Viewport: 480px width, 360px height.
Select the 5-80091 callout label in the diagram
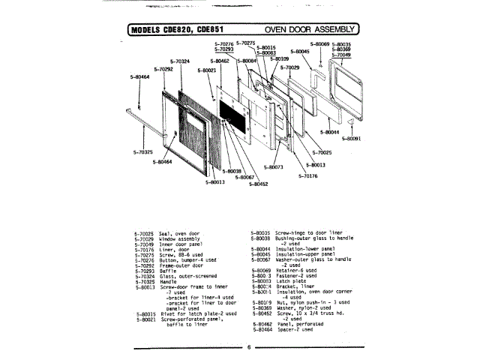click(x=352, y=138)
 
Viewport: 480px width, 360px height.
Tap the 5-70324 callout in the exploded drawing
click(x=180, y=61)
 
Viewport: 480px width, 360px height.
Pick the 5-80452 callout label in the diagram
click(x=259, y=183)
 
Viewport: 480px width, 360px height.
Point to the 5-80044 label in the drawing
click(x=330, y=132)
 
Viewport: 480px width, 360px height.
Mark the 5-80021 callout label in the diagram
click(x=207, y=70)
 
